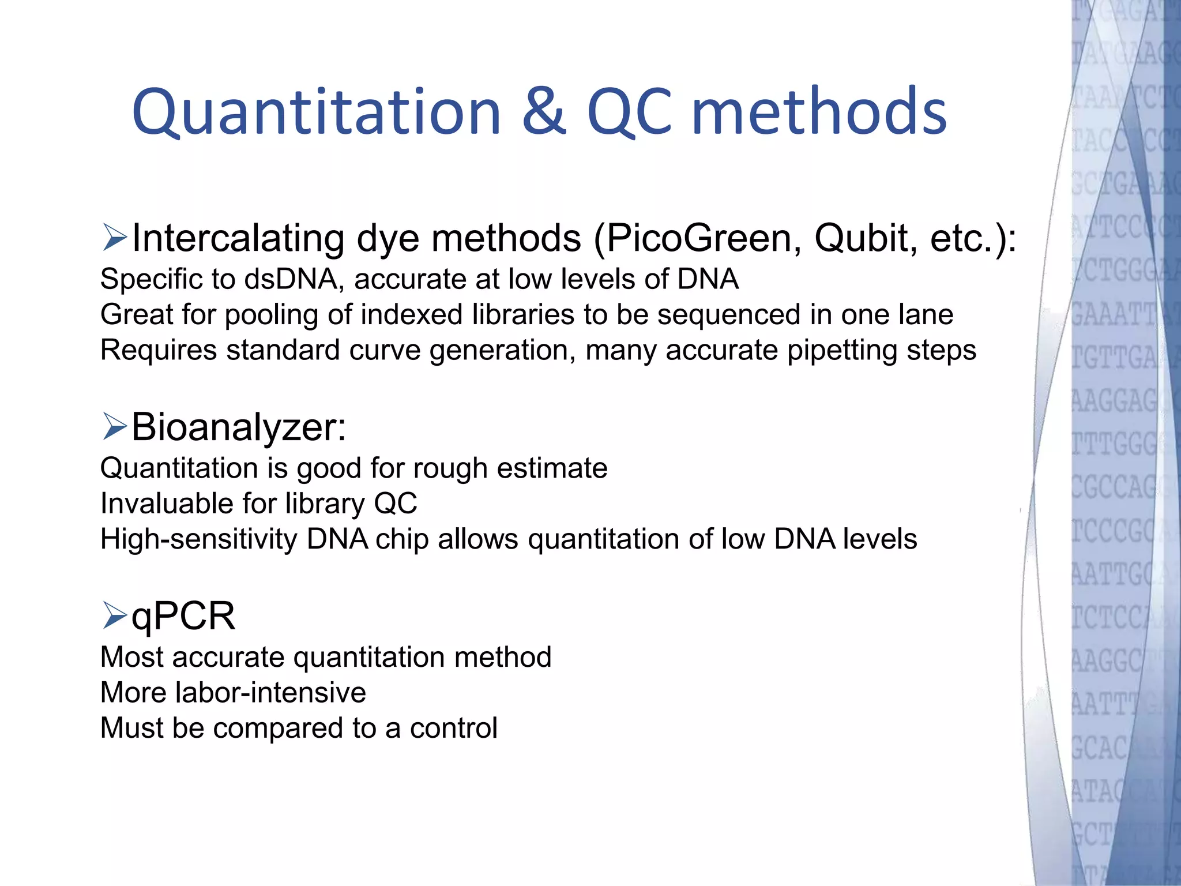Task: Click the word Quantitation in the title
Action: click(x=316, y=112)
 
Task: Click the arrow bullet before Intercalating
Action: click(x=114, y=238)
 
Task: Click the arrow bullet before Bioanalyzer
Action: click(x=114, y=427)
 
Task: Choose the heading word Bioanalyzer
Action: click(x=239, y=427)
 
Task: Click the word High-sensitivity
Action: click(x=198, y=539)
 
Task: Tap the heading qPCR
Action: click(x=183, y=616)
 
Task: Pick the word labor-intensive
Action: click(x=271, y=692)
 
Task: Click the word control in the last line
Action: click(x=453, y=728)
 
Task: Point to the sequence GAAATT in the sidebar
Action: click(x=1113, y=316)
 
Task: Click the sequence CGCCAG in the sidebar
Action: click(x=1113, y=487)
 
